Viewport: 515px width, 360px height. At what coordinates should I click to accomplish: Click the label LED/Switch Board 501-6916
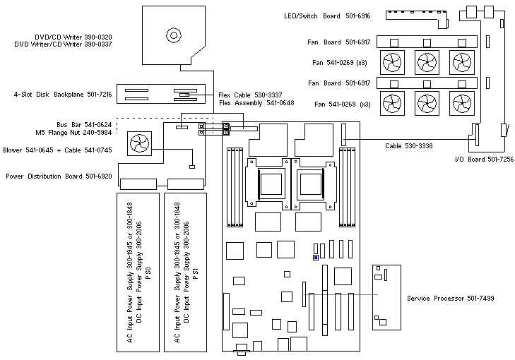pyautogui.click(x=338, y=15)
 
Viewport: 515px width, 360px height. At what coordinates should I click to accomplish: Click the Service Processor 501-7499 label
pyautogui.click(x=450, y=299)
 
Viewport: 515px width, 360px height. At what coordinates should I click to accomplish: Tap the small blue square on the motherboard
pyautogui.click(x=315, y=258)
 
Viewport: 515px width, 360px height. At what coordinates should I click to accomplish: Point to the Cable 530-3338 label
pyautogui.click(x=408, y=146)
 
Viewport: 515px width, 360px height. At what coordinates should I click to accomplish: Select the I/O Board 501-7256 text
pyautogui.click(x=484, y=160)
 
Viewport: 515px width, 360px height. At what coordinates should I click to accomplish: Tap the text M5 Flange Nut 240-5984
pyautogui.click(x=73, y=132)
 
